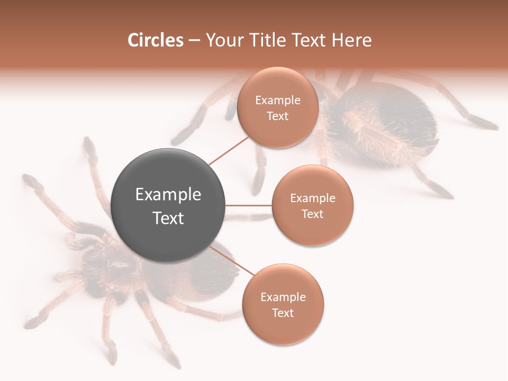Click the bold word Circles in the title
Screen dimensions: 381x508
click(156, 40)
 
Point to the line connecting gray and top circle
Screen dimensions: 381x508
click(229, 150)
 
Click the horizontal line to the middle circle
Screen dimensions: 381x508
click(249, 205)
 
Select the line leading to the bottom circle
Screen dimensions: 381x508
click(233, 260)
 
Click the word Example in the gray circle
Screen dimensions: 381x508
click(168, 195)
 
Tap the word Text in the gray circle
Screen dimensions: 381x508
click(168, 218)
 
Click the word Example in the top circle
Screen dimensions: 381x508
click(277, 101)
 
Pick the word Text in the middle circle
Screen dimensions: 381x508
click(312, 214)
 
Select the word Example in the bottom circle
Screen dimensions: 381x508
click(283, 297)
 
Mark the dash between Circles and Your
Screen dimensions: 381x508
click(194, 41)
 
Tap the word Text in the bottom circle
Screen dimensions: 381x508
click(283, 313)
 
